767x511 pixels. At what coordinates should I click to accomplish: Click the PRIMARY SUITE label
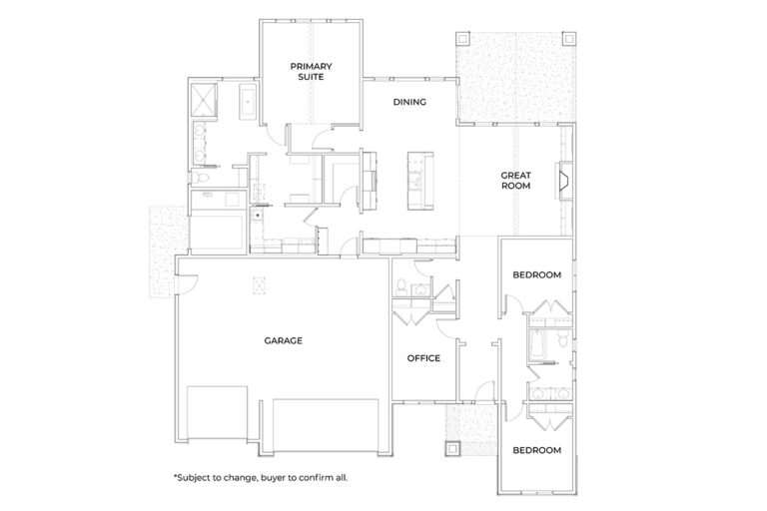[x=312, y=72]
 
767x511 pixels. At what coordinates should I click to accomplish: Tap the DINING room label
[x=409, y=102]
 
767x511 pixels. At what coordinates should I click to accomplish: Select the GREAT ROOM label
[x=515, y=181]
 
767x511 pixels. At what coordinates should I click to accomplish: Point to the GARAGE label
[x=284, y=340]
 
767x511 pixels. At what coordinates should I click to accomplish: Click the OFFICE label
[x=423, y=358]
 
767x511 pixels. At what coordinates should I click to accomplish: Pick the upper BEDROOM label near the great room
[x=536, y=274]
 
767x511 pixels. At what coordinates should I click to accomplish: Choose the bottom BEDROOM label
[x=536, y=450]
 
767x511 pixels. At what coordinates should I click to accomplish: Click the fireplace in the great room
[x=563, y=181]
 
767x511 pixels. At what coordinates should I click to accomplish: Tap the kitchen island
[x=420, y=181]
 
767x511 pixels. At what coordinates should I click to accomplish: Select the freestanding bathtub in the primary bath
[x=248, y=102]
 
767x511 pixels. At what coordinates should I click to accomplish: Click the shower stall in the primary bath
[x=203, y=101]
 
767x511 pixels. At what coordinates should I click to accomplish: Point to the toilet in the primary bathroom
[x=199, y=177]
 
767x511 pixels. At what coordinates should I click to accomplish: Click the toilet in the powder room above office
[x=400, y=287]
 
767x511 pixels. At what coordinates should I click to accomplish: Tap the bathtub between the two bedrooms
[x=535, y=343]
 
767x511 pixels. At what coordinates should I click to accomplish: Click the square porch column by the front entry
[x=452, y=448]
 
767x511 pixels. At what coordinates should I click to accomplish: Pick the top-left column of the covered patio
[x=462, y=39]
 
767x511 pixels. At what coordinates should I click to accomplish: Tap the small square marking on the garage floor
[x=259, y=285]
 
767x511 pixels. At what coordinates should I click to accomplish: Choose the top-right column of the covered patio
[x=569, y=39]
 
